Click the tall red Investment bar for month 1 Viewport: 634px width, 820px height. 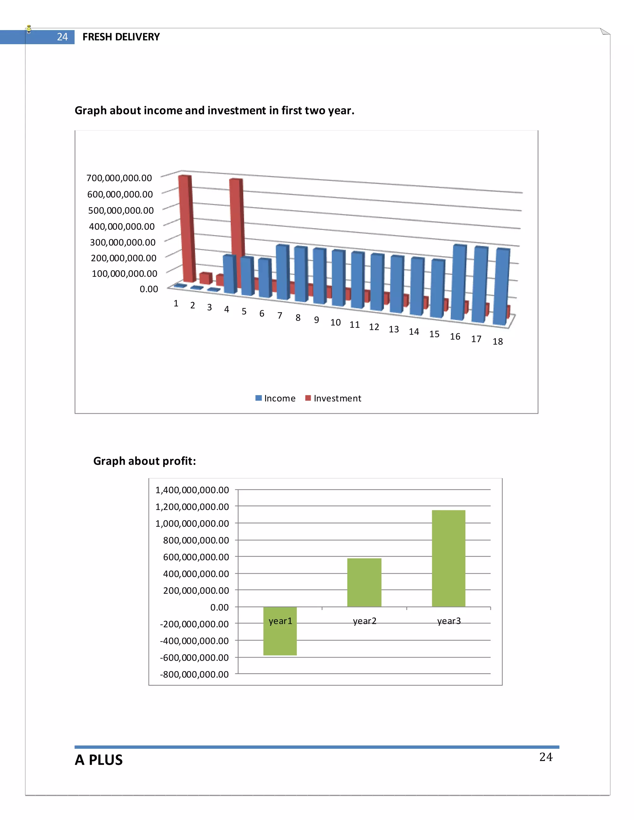click(187, 229)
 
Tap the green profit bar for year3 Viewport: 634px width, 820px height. click(449, 558)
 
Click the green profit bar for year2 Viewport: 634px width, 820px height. click(364, 582)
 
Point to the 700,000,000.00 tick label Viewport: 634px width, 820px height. click(119, 178)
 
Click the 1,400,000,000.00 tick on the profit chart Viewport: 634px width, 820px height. click(192, 490)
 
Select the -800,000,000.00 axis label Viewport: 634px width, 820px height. click(194, 674)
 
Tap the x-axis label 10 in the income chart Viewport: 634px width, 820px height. click(335, 322)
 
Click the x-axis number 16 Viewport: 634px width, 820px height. click(455, 336)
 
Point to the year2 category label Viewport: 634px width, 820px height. click(364, 621)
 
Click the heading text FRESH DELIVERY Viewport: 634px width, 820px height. click(121, 37)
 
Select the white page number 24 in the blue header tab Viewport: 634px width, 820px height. click(62, 37)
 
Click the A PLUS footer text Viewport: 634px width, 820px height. click(98, 760)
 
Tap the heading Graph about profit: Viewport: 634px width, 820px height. click(145, 461)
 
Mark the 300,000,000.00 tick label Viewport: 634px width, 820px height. click(123, 242)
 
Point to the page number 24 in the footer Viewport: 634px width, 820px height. click(546, 757)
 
